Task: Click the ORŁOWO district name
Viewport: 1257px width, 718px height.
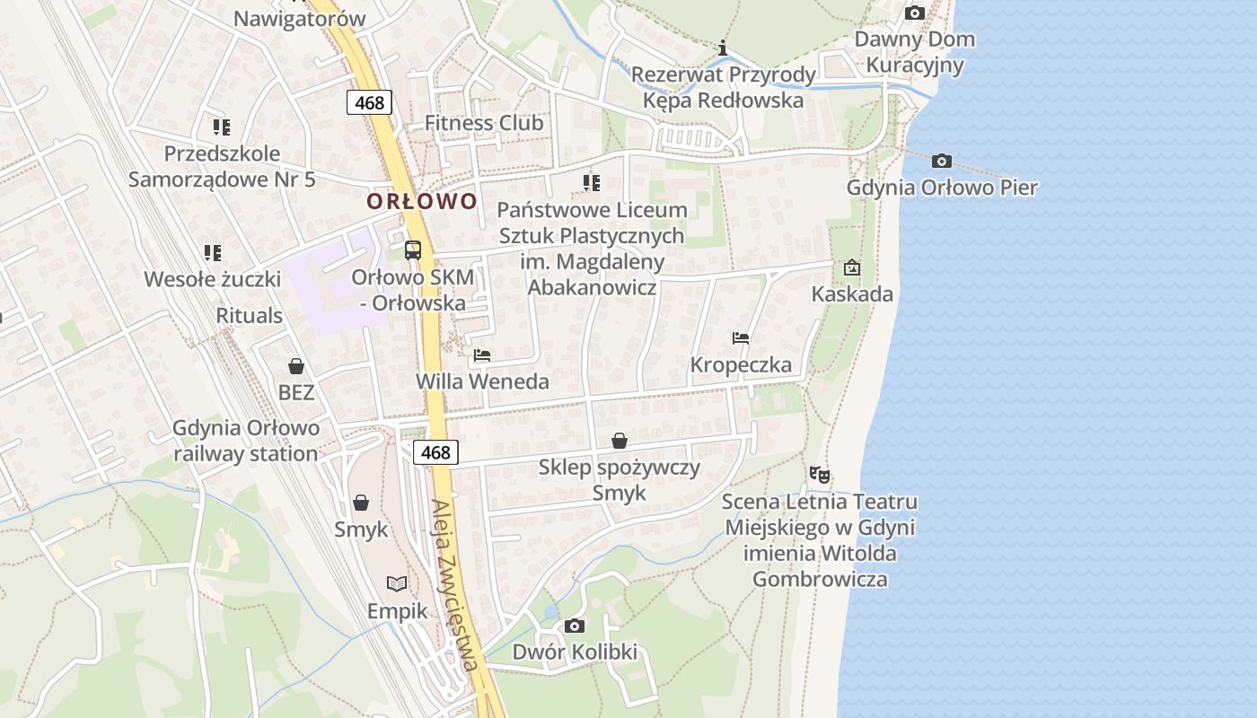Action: pos(421,201)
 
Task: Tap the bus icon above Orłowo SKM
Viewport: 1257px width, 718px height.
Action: pos(413,250)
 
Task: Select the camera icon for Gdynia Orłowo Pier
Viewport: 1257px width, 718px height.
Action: pos(941,162)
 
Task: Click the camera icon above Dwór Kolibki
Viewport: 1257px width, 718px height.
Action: pos(575,626)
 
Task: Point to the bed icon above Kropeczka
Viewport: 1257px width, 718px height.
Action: pos(741,338)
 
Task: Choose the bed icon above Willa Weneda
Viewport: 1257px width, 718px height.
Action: pos(482,355)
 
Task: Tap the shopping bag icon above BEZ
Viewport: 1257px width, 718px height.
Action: pos(296,366)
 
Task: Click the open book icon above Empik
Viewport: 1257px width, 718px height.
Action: pos(397,583)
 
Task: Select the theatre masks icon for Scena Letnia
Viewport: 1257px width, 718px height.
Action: pos(819,475)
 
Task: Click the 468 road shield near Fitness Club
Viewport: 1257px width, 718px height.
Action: pos(369,102)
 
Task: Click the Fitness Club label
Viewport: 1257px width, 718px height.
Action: pos(484,123)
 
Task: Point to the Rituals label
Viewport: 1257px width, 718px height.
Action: pos(250,316)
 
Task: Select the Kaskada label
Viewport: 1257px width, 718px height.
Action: pos(852,294)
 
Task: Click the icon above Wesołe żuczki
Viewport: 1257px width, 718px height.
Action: pos(212,253)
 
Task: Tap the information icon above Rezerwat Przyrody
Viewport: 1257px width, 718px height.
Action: pos(723,48)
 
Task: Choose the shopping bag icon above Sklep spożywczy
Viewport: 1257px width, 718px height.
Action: pos(620,441)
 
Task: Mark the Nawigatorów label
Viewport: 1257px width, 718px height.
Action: pos(299,19)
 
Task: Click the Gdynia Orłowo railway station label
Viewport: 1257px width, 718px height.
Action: pos(246,440)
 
